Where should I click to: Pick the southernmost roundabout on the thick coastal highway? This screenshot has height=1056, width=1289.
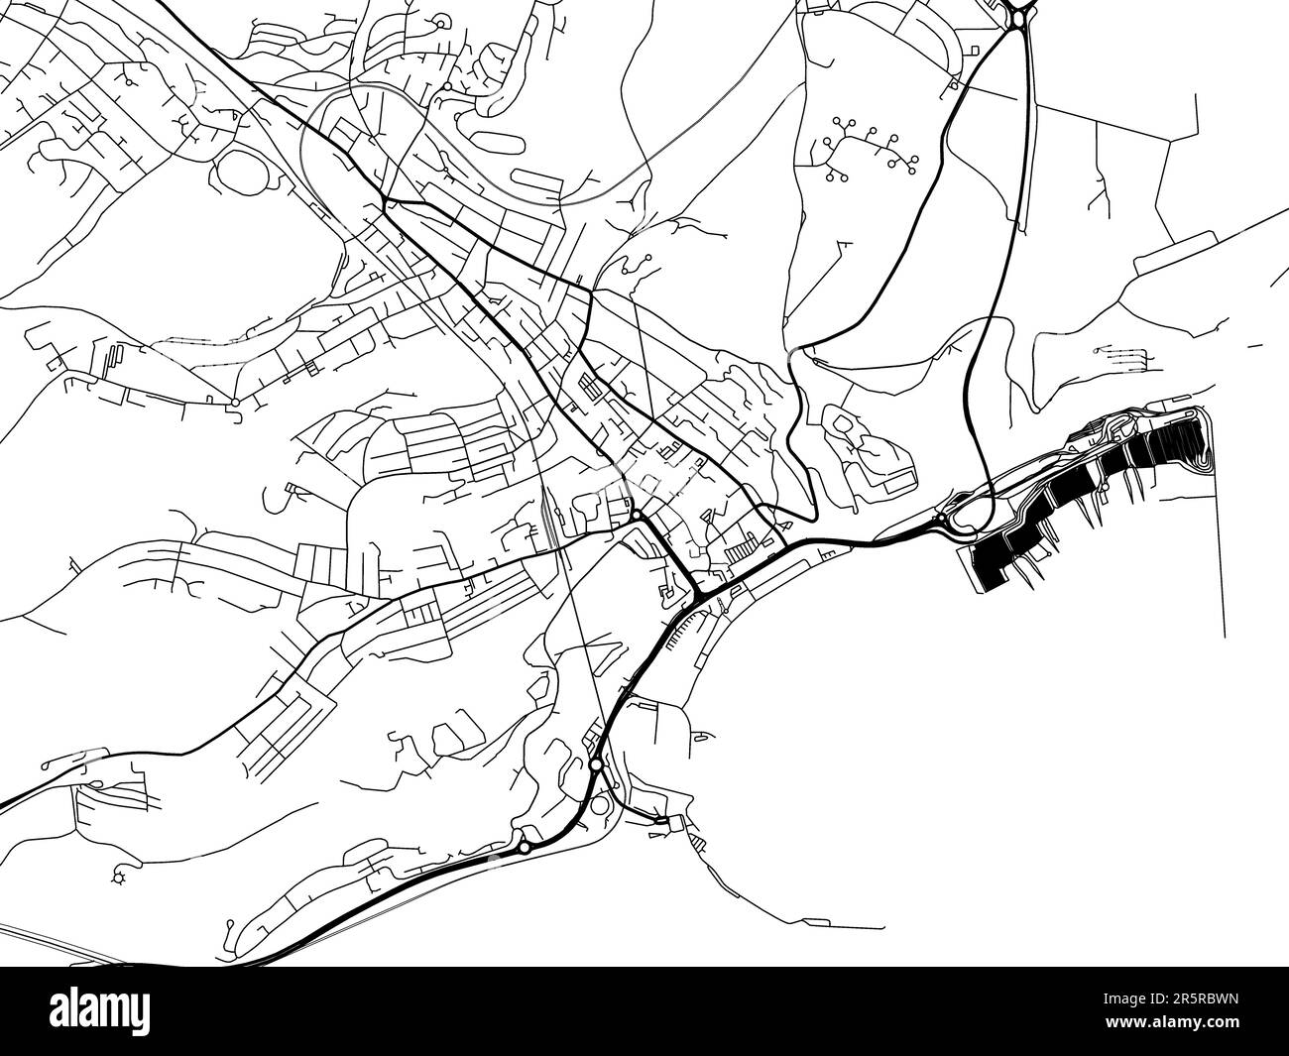[524, 847]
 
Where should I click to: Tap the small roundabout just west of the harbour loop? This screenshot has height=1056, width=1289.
[939, 518]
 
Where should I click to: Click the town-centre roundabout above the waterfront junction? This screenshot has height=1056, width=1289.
[636, 517]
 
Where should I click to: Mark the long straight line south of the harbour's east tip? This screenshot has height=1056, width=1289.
[1224, 555]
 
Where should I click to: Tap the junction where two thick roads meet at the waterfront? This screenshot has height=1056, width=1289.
[700, 598]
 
